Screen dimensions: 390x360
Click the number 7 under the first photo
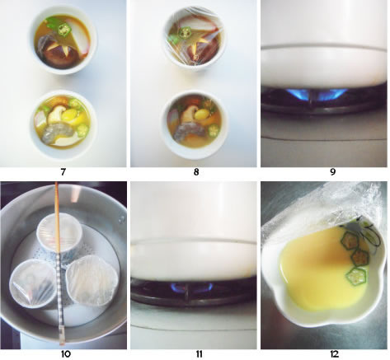point(63,172)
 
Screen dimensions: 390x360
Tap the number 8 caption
point(196,172)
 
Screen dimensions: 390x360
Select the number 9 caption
point(332,172)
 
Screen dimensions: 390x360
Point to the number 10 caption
point(65,354)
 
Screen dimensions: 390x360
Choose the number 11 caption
point(200,354)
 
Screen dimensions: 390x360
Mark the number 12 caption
point(334,354)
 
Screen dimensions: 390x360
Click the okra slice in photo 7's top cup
point(64,29)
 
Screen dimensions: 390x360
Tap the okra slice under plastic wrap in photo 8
point(184,32)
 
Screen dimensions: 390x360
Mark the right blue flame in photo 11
point(204,286)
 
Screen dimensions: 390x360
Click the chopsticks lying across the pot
point(59,264)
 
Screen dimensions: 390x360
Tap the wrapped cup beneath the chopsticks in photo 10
point(59,233)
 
